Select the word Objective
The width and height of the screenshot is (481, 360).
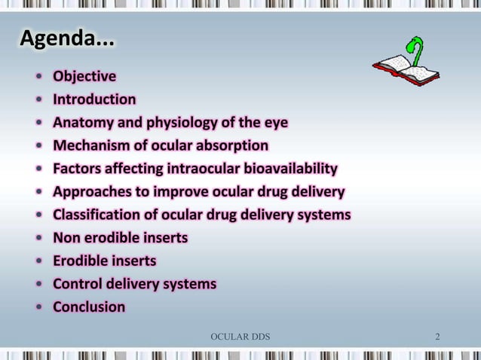[x=84, y=76]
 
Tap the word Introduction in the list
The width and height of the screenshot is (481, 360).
[x=94, y=99]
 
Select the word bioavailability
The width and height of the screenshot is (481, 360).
[x=290, y=169]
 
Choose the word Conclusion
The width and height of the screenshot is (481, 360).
[x=89, y=307]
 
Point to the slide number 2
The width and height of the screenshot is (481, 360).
[x=437, y=335]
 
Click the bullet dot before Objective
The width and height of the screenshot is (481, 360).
[x=38, y=77]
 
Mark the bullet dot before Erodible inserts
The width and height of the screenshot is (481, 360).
[x=38, y=262]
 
